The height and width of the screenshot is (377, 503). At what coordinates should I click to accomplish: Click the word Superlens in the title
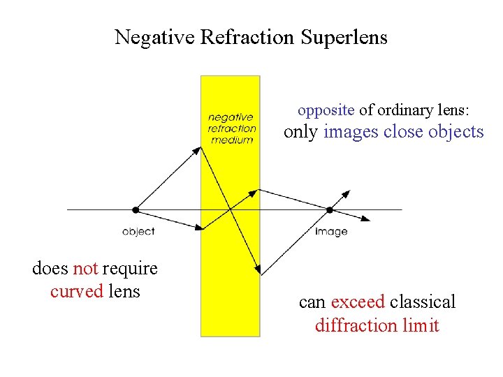[344, 37]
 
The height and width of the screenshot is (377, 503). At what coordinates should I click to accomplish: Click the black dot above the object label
[136, 209]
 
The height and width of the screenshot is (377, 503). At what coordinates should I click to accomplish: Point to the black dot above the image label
[330, 209]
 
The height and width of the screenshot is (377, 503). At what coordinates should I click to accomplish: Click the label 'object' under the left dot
[138, 231]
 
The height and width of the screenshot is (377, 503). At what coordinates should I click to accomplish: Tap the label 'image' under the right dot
[330, 231]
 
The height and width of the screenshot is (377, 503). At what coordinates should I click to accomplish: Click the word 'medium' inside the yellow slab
[231, 139]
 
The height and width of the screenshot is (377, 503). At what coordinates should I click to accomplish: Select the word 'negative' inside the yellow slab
[231, 117]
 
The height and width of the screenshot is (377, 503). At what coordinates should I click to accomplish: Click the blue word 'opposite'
[326, 110]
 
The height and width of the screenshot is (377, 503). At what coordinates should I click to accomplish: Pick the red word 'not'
[85, 269]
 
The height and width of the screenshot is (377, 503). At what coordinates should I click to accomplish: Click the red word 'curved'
[77, 291]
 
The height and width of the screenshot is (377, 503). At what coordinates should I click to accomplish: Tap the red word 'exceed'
[358, 302]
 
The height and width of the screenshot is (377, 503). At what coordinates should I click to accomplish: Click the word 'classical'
[423, 302]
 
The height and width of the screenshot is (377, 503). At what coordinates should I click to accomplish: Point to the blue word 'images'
[351, 132]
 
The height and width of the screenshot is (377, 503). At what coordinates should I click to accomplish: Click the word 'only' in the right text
[301, 132]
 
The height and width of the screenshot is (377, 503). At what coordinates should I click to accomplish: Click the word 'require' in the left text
[130, 269]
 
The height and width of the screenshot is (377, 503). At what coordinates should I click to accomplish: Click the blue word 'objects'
[455, 132]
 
